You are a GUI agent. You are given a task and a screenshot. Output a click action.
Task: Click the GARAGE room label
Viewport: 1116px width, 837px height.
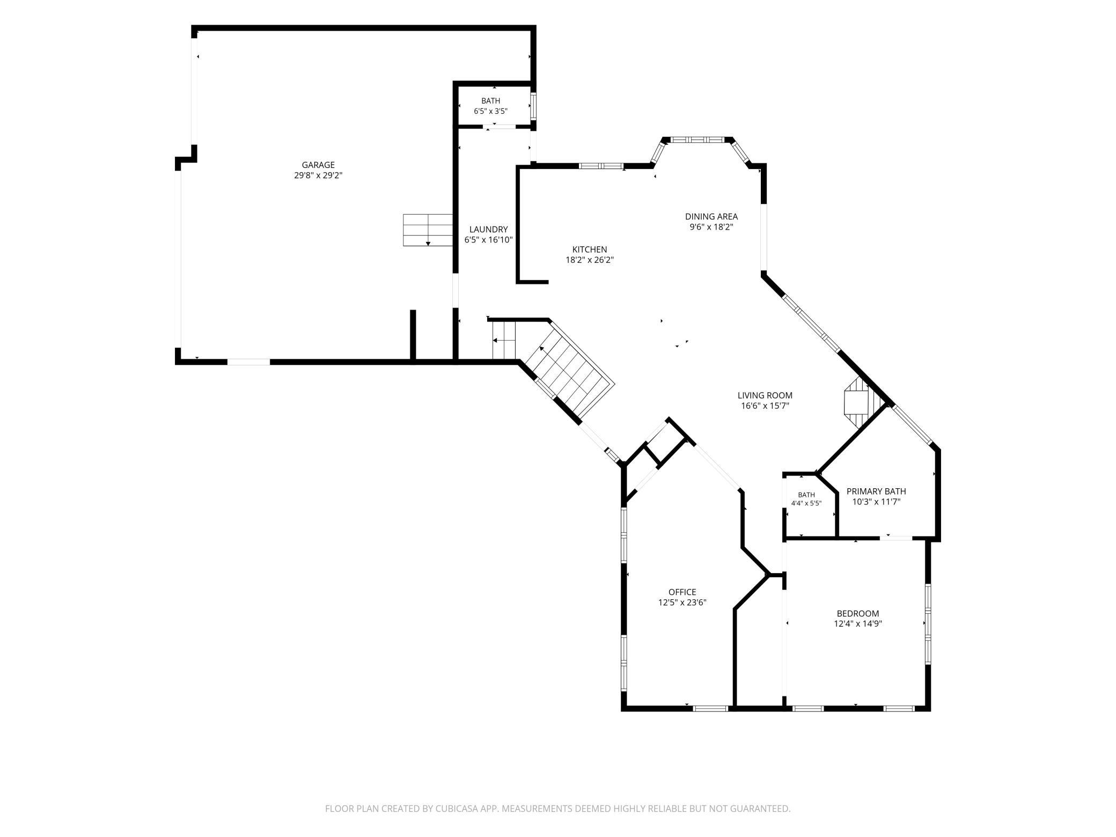318,165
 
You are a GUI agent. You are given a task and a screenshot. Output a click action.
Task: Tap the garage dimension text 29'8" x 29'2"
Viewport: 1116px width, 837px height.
318,175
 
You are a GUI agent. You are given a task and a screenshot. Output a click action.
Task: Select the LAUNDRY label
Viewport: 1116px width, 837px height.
488,230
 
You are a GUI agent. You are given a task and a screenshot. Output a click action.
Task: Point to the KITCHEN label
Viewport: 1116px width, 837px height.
590,249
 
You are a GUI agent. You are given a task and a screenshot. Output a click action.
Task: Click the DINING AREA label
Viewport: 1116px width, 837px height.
711,217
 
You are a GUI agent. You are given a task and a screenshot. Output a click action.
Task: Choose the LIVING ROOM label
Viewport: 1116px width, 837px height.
765,396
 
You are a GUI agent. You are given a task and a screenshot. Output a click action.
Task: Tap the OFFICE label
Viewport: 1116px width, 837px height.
682,592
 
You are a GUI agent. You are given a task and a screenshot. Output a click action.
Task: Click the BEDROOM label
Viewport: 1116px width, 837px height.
858,614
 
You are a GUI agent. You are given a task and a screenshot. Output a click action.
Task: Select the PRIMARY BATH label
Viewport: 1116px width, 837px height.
876,491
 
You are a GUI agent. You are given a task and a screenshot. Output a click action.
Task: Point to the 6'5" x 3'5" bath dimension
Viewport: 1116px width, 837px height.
490,111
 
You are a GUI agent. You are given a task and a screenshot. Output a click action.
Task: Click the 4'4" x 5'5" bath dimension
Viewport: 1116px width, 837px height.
806,503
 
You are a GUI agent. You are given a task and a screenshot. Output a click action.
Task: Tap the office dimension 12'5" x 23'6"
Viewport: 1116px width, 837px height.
682,603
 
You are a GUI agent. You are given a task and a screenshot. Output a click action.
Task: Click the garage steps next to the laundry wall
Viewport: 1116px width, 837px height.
428,230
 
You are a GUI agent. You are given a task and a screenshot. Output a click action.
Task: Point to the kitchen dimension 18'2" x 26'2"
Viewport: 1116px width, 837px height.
590,260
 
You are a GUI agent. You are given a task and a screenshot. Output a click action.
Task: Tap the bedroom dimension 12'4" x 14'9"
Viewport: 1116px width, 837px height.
858,624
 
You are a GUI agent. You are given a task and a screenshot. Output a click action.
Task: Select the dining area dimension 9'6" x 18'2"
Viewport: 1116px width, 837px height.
711,227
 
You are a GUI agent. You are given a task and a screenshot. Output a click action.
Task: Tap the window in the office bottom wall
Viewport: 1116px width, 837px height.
710,708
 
